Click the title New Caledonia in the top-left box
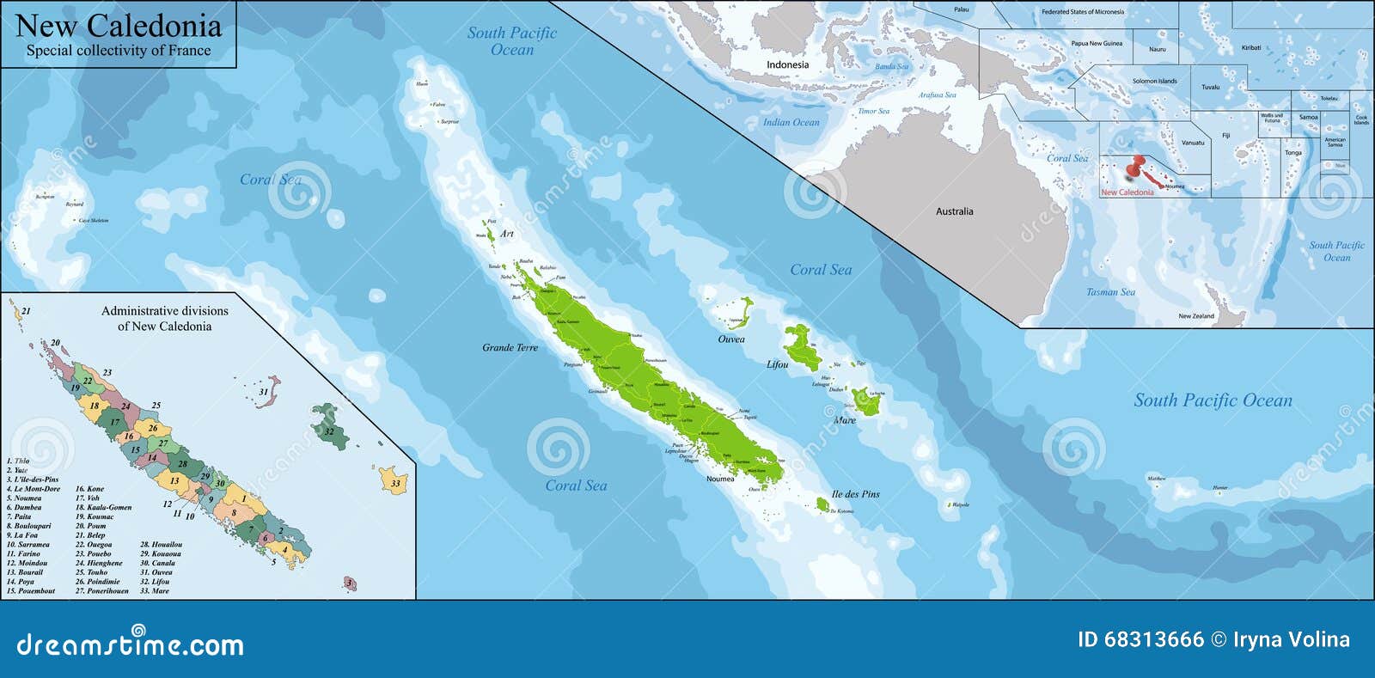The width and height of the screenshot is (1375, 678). (x=119, y=25)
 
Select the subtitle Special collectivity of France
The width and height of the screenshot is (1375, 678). (x=119, y=51)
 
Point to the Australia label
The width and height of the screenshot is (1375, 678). (x=954, y=211)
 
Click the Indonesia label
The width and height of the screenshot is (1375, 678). (x=787, y=65)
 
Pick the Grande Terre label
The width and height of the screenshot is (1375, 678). (x=510, y=348)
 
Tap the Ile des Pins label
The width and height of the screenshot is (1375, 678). (x=855, y=494)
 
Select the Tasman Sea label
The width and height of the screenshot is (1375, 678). (x=1110, y=292)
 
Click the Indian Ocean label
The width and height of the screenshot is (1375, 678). (x=791, y=122)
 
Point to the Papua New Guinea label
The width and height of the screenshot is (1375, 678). (x=1097, y=43)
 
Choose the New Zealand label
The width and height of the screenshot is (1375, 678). (x=1196, y=316)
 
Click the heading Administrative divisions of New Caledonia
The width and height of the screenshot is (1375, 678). (x=165, y=319)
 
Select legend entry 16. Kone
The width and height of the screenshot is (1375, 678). (x=89, y=489)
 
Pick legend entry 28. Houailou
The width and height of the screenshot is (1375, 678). (x=161, y=545)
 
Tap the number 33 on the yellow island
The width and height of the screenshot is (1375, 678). (x=395, y=484)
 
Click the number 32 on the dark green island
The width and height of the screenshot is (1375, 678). (x=328, y=431)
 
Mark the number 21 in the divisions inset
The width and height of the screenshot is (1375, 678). (x=26, y=311)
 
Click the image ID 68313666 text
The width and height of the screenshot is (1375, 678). (x=1140, y=639)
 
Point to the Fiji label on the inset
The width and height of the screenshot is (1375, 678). (x=1225, y=136)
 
